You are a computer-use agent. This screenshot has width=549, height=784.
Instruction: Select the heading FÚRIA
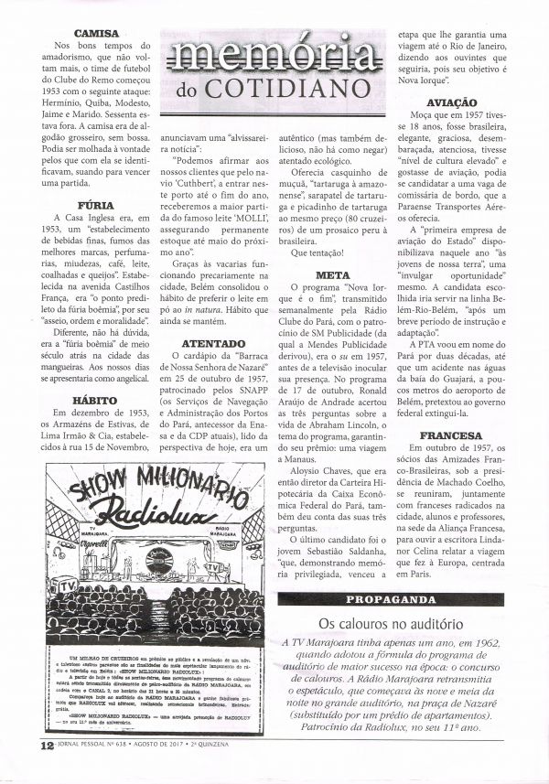click(x=91, y=206)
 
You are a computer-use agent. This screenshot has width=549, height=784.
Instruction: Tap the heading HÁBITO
click(x=91, y=401)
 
